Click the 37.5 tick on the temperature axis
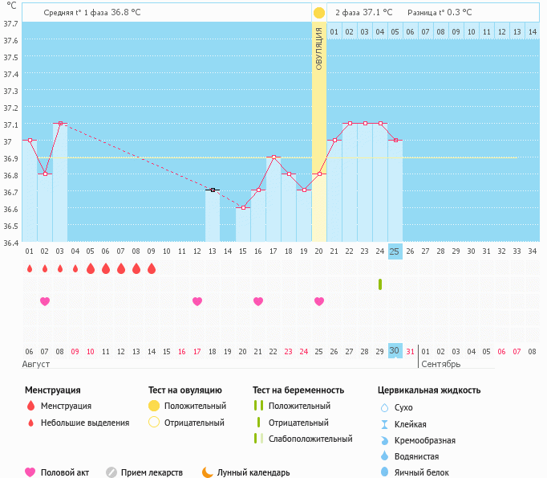[10, 58]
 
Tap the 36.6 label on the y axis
[10, 209]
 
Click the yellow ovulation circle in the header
[319, 13]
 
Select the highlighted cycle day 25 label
[395, 251]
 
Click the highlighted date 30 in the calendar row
[395, 351]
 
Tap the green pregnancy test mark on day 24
[379, 284]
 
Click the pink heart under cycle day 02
[45, 301]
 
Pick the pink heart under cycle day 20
[319, 301]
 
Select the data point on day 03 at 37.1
[60, 124]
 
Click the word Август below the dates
[35, 364]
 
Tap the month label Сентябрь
[440, 364]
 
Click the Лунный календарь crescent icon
[208, 472]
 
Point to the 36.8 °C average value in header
[131, 13]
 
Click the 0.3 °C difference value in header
[460, 13]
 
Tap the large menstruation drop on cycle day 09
[152, 268]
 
